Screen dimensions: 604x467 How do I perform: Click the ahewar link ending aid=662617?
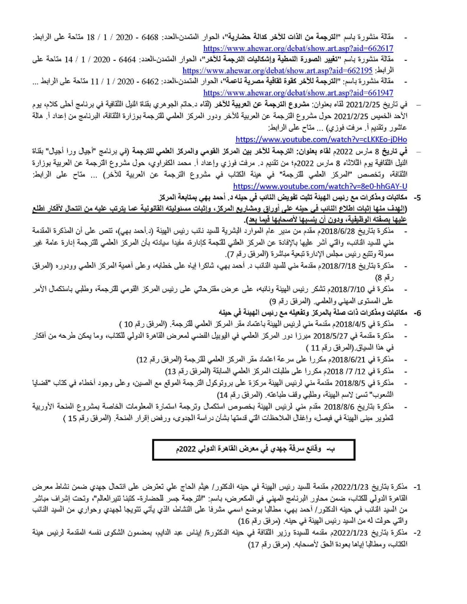tap(298, 48)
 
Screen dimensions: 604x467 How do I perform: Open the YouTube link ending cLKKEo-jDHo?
tap(321, 139)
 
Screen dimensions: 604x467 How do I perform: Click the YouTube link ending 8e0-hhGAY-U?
tap(320, 186)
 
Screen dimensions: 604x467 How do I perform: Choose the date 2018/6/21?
tap(349, 360)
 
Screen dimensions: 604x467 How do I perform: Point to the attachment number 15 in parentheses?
tap(72, 418)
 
